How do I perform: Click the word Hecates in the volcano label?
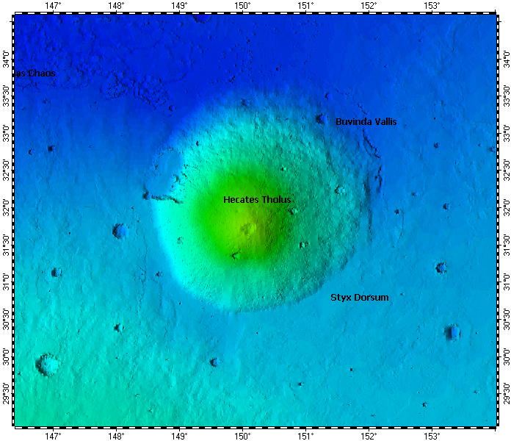click(x=240, y=200)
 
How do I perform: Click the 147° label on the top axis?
click(x=52, y=6)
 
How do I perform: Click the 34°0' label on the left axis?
click(x=6, y=57)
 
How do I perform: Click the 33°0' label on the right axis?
click(x=504, y=132)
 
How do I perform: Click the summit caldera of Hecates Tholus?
click(x=250, y=229)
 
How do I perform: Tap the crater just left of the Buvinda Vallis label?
click(x=321, y=118)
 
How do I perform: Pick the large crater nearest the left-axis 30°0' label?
click(x=48, y=364)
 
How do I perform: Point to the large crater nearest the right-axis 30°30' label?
click(x=453, y=332)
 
